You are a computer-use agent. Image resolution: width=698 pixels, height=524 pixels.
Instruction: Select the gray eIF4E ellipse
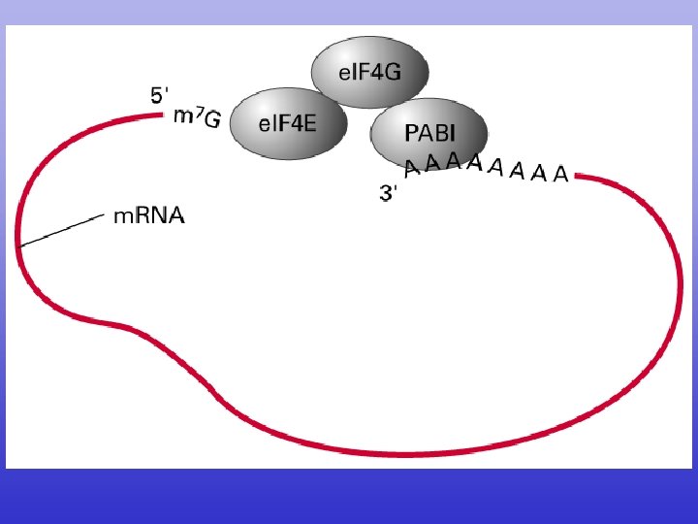click(288, 122)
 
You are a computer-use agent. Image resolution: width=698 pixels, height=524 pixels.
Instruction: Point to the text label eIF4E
click(288, 123)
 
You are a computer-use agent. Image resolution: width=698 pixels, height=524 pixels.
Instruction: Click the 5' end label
click(160, 95)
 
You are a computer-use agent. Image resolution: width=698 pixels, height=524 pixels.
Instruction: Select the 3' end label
click(389, 193)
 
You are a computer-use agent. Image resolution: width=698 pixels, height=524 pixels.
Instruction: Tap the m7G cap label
click(197, 117)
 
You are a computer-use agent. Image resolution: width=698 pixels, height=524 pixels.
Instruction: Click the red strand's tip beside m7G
click(164, 115)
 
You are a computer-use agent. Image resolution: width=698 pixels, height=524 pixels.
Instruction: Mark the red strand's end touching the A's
click(578, 176)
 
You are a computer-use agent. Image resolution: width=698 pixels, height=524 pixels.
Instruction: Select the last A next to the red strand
click(560, 176)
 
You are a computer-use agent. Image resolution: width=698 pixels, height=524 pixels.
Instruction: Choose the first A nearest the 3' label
click(412, 169)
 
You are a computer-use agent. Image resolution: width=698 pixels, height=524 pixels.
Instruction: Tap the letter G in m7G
click(211, 119)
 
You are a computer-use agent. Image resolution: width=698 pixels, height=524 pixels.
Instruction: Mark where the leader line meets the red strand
click(20, 245)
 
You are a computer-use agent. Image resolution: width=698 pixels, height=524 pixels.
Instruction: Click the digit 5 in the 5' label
click(157, 95)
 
